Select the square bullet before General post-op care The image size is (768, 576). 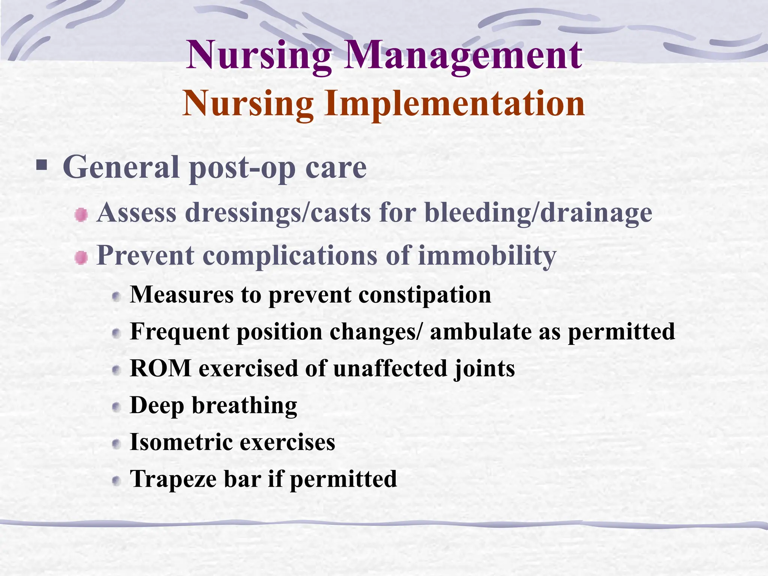click(x=42, y=165)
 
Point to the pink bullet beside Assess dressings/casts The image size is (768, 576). click(x=81, y=215)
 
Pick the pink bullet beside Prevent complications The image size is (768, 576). click(x=81, y=258)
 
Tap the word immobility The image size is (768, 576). click(x=487, y=256)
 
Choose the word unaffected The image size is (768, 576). click(x=390, y=368)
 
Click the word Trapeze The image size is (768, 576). click(x=173, y=480)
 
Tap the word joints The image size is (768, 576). click(x=484, y=369)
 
